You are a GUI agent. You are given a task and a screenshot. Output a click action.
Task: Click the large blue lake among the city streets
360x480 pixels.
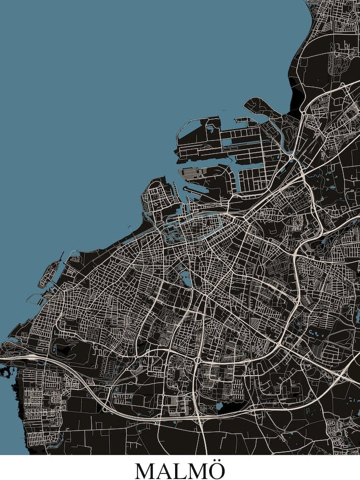(186, 278)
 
